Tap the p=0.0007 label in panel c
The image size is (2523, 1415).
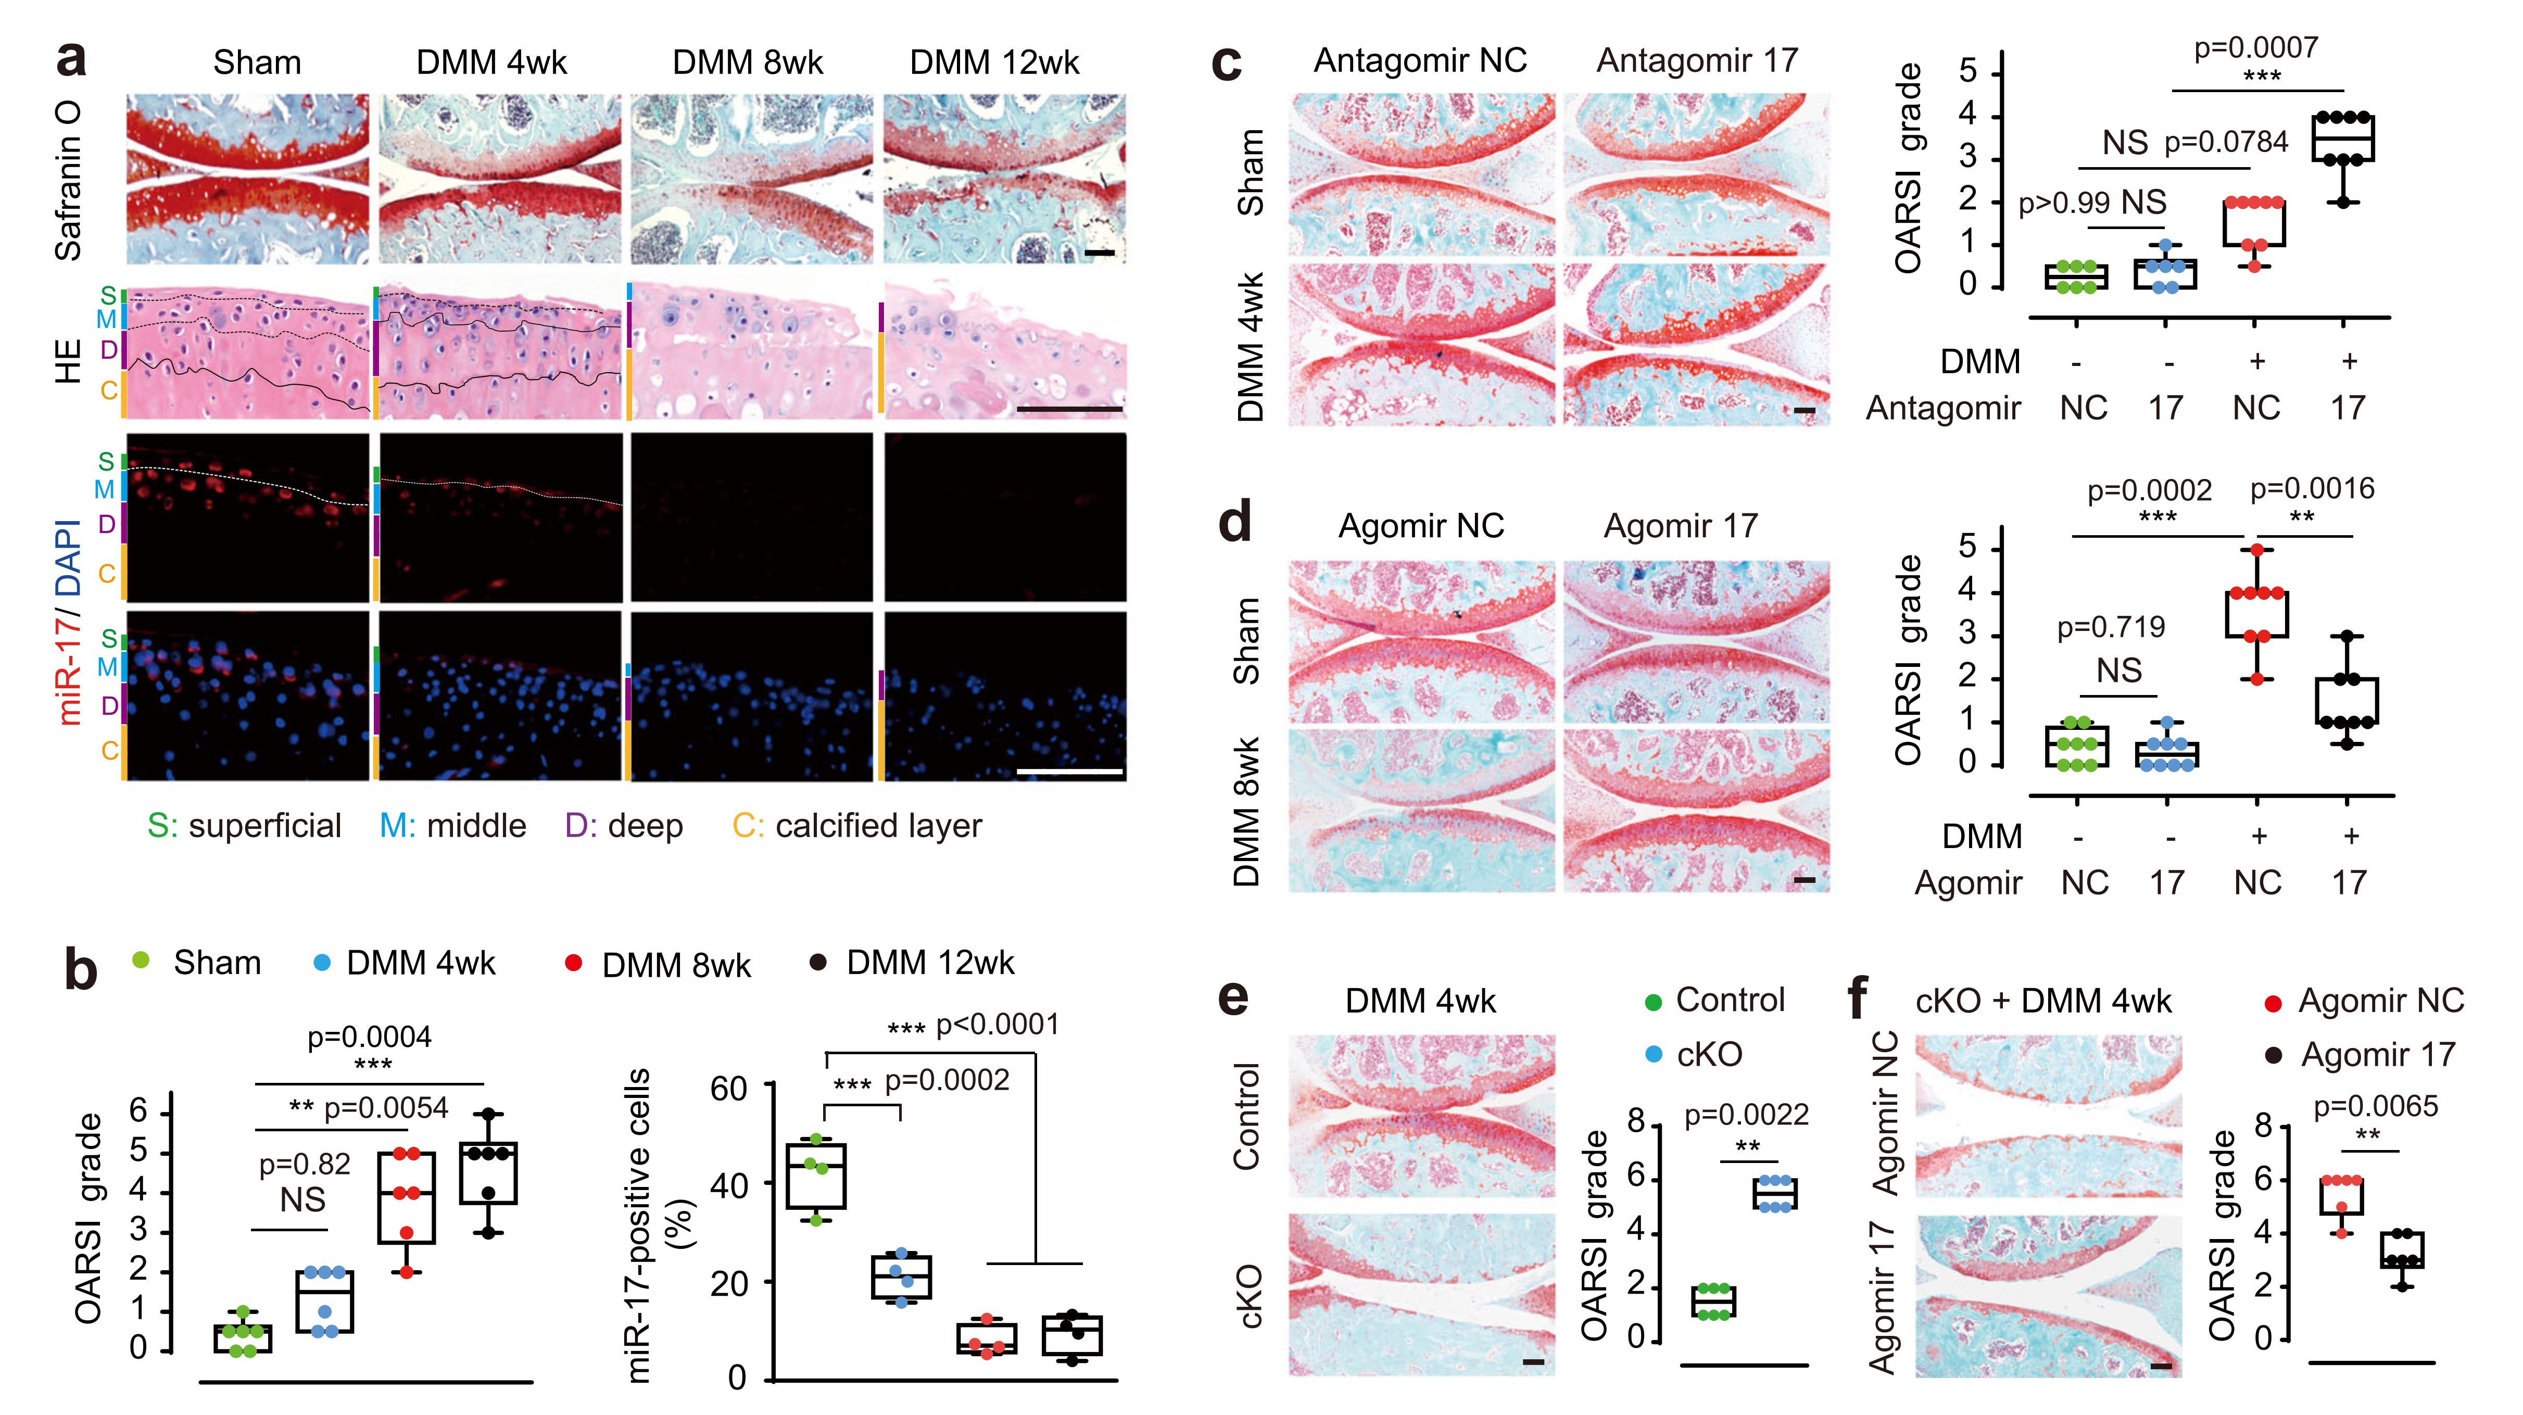[2255, 47]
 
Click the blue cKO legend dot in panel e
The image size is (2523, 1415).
[1654, 1055]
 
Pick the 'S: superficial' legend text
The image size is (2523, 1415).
[244, 826]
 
